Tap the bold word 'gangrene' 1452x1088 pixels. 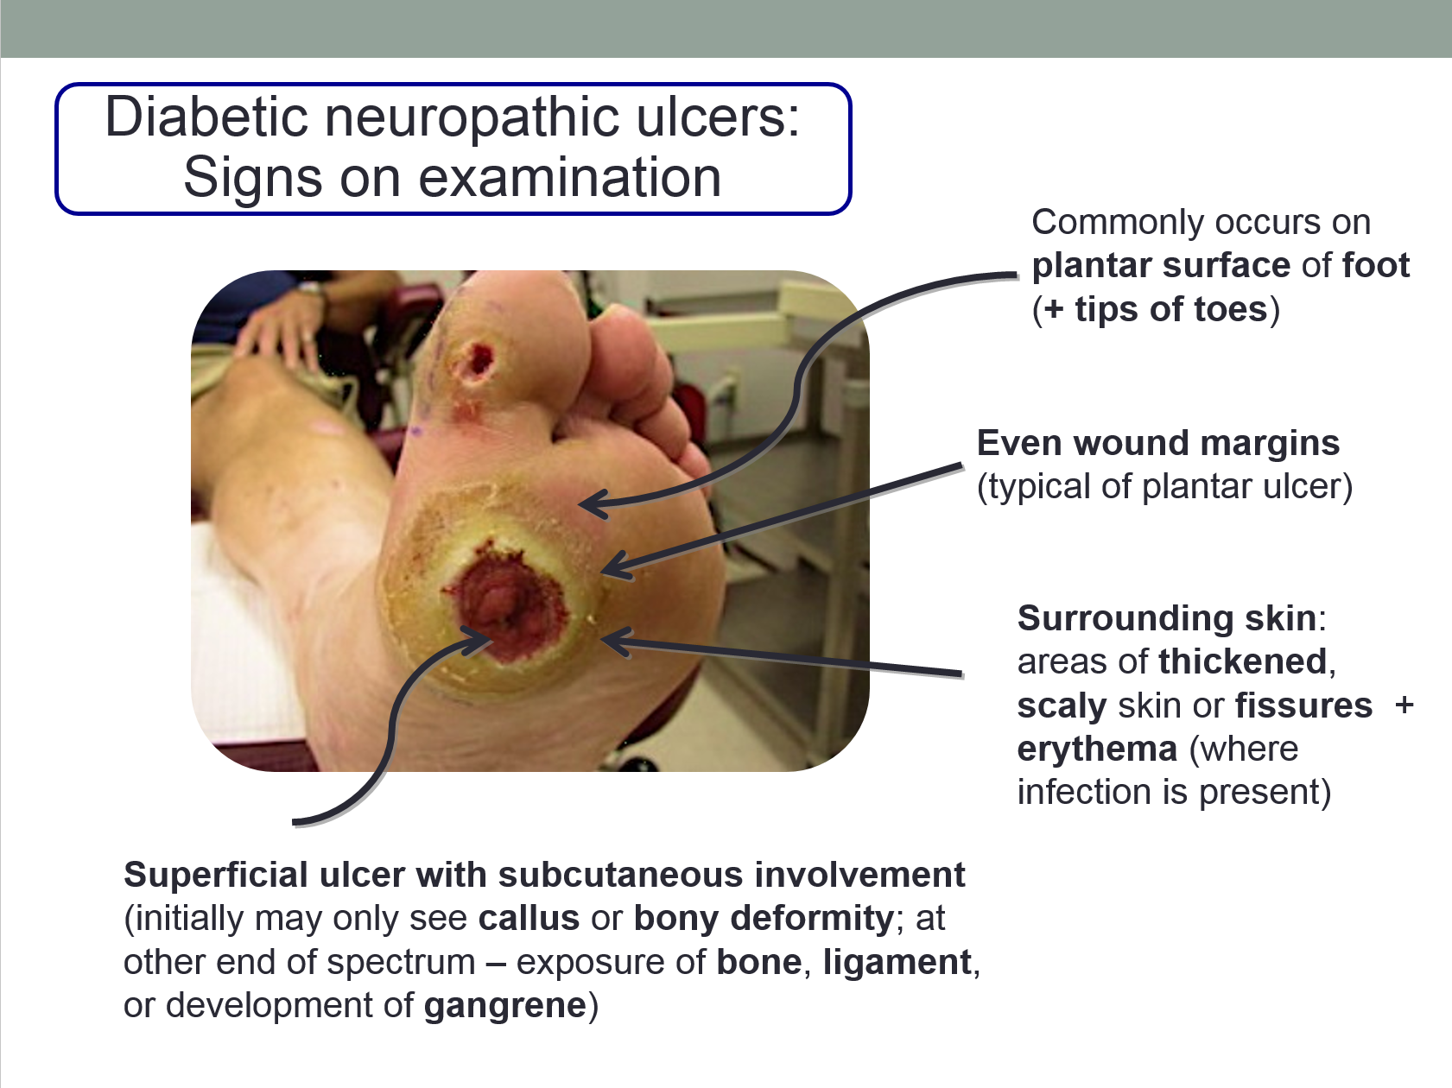tap(505, 1005)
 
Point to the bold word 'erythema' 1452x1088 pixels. tap(1097, 749)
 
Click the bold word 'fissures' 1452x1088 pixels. tap(1303, 705)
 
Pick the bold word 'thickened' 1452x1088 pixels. tap(1243, 661)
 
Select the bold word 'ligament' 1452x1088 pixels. tap(897, 962)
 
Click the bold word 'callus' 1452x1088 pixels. tap(529, 918)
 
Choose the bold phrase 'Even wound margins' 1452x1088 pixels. tap(1157, 443)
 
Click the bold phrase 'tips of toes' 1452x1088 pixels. tap(1170, 309)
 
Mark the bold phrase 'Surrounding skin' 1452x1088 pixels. tap(1167, 618)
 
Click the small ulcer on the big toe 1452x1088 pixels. tap(474, 362)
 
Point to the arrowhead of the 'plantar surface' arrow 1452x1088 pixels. tap(587, 503)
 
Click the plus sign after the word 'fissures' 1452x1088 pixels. tap(1404, 705)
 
